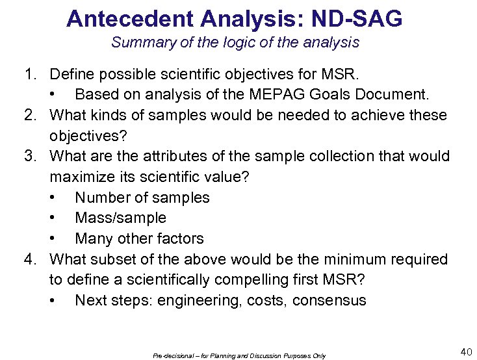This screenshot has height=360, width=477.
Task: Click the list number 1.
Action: [x=30, y=74]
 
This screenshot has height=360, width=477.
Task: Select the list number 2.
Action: [x=30, y=115]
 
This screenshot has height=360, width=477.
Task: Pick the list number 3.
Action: [x=30, y=156]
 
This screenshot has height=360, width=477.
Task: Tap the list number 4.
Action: [x=30, y=259]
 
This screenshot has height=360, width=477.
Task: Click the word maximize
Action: [x=79, y=177]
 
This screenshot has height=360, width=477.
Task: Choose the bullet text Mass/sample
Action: [x=120, y=218]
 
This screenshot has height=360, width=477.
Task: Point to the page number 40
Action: [x=466, y=352]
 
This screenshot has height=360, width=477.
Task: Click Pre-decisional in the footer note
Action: [x=170, y=355]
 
